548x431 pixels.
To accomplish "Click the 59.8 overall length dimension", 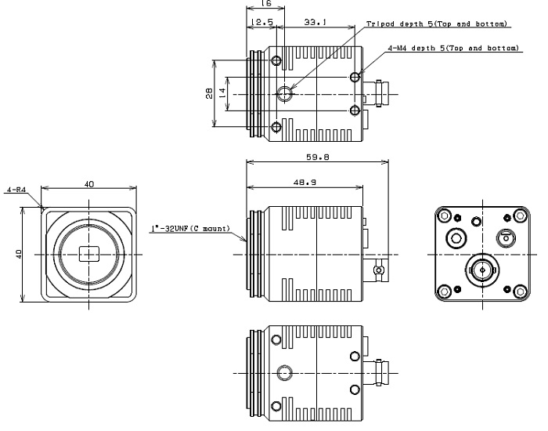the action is (318, 158).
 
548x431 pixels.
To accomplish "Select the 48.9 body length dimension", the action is (305, 183).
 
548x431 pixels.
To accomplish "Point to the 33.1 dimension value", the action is (315, 22).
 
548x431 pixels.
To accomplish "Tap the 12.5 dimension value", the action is (261, 22).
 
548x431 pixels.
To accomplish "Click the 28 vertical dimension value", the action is (209, 93).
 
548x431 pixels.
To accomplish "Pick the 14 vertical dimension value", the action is (222, 93).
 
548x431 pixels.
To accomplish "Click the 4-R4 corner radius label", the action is (16, 190).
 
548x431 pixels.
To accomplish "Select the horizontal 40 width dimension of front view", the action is (89, 183).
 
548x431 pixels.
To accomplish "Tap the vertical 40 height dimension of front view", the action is (19, 254).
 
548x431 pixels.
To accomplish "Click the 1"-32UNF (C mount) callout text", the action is (190, 229).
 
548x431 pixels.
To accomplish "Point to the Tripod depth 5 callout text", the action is (437, 24).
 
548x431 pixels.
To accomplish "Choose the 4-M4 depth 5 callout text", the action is (453, 48).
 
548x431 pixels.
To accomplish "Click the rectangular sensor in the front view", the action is (89, 254).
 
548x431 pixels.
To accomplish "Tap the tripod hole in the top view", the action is (285, 93).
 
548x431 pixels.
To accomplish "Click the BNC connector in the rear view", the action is (482, 270).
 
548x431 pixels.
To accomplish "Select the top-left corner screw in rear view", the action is (445, 215).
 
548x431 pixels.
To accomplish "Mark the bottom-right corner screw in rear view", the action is (521, 291).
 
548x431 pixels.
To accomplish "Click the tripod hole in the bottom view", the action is (284, 373).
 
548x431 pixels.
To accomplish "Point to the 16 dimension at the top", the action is (266, 3).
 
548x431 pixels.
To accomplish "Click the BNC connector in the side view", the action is (377, 270).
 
